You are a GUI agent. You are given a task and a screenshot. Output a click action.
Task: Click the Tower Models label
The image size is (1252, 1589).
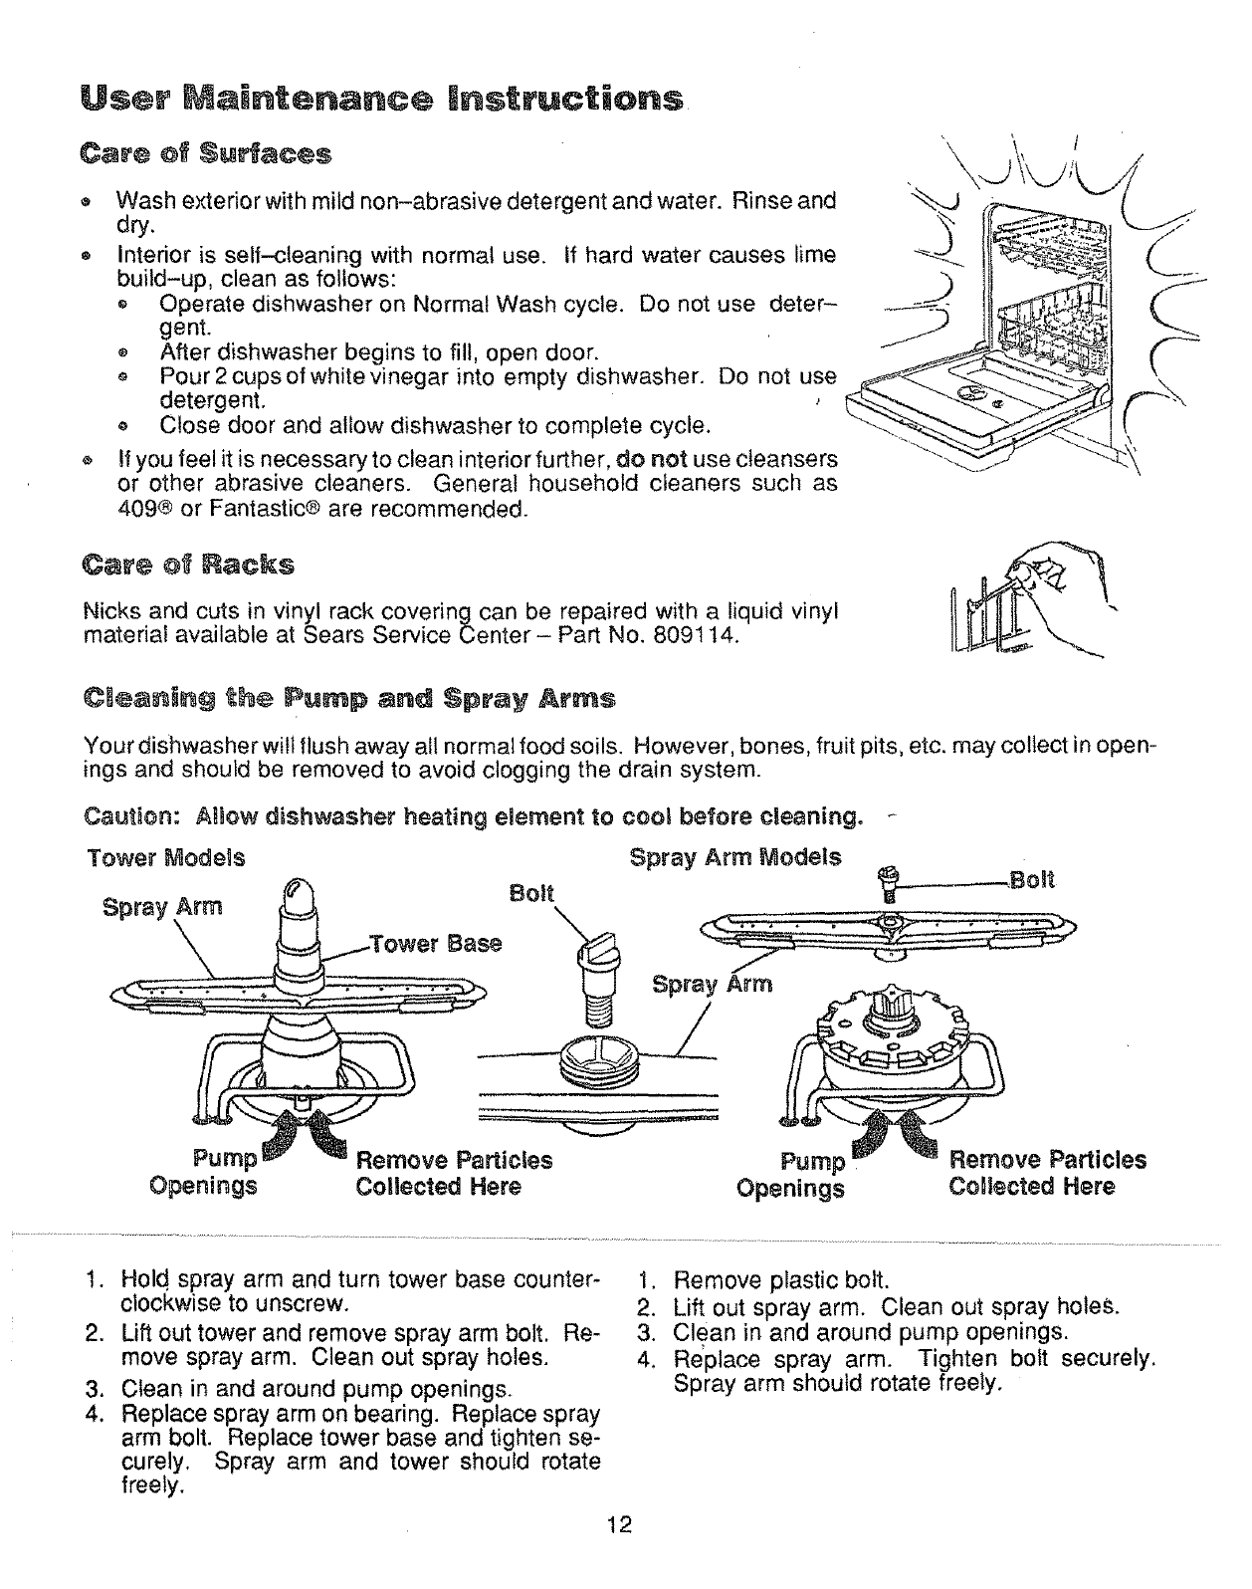(x=165, y=858)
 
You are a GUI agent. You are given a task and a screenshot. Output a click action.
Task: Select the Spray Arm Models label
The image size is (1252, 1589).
(x=735, y=857)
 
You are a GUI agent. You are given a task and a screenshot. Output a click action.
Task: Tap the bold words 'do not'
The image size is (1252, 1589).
(x=653, y=460)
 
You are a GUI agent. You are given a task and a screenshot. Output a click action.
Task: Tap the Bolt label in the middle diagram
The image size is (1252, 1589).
(x=531, y=893)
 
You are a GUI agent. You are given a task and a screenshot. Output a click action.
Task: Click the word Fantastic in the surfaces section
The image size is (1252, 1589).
(x=249, y=510)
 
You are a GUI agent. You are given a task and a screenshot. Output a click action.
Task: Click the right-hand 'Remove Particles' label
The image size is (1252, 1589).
(x=1047, y=1160)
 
